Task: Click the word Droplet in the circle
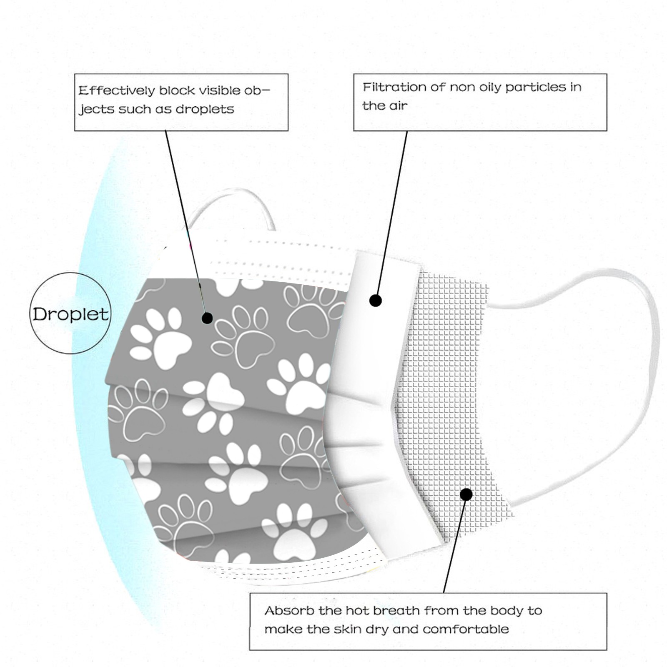click(70, 314)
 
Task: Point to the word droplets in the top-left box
click(205, 109)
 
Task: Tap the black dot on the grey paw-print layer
click(207, 318)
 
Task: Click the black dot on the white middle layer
click(376, 300)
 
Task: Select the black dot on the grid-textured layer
click(466, 494)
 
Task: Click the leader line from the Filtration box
click(392, 213)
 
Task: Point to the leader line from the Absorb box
click(454, 546)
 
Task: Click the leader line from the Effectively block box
click(183, 217)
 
